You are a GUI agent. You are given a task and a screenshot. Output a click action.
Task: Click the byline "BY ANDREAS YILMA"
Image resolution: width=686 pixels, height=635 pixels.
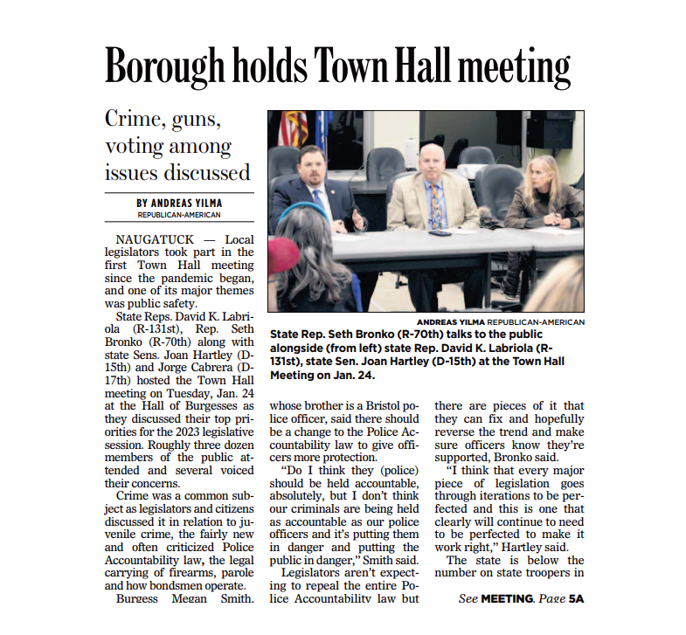tap(178, 203)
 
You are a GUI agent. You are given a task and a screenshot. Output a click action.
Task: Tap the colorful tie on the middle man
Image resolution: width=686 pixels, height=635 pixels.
tap(435, 206)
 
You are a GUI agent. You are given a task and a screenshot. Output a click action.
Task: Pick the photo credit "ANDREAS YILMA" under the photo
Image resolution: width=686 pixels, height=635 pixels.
tap(450, 322)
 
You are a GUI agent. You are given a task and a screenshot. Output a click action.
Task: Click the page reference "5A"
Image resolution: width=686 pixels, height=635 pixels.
tap(575, 599)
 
